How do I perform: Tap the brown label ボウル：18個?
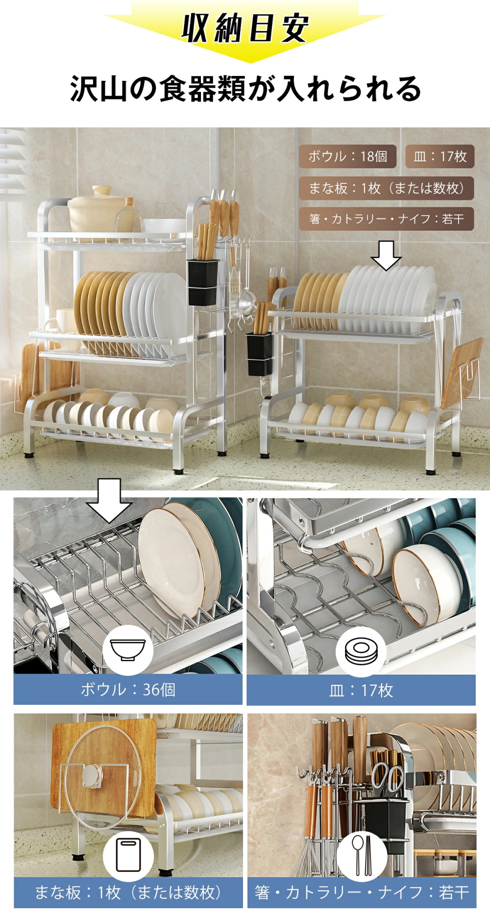[x=347, y=156]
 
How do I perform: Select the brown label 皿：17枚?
[x=440, y=156]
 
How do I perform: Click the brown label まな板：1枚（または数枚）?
[x=386, y=188]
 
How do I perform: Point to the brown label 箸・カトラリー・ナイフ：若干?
[x=386, y=219]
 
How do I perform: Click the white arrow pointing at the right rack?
[x=386, y=255]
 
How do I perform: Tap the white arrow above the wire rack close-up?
[x=109, y=500]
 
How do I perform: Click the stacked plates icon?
[x=361, y=650]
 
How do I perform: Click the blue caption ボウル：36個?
[x=128, y=690]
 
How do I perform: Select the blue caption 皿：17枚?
[x=361, y=690]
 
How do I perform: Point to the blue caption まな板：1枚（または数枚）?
[x=128, y=893]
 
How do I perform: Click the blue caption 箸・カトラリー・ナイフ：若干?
[x=362, y=893]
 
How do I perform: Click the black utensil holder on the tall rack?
[x=202, y=282]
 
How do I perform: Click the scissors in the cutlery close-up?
[x=387, y=777]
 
